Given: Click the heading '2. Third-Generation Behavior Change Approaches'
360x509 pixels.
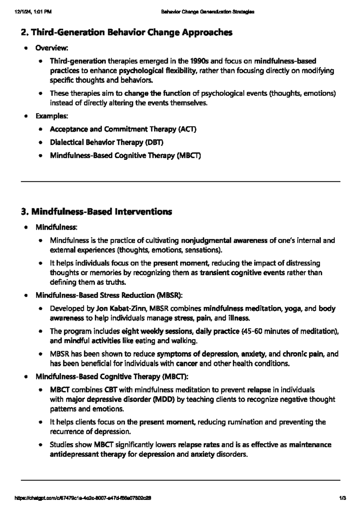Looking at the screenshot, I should coord(126,32).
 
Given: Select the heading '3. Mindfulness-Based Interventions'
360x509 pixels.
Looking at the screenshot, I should coord(96,212).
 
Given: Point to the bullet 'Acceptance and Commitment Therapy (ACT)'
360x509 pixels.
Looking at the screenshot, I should coord(123,129).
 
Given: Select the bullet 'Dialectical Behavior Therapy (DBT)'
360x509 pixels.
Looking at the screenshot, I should coord(106,142).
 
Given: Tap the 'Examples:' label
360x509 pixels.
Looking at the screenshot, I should coord(52,116).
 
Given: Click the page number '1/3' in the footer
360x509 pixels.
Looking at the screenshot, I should coord(343,498).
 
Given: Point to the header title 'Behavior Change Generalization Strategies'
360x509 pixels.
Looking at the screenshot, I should coord(208,12).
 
